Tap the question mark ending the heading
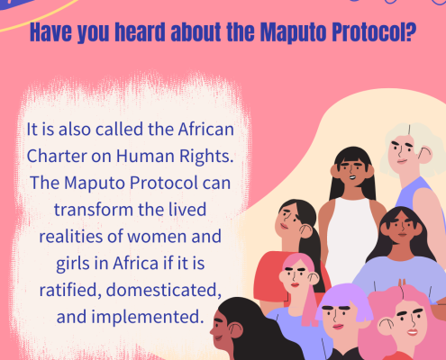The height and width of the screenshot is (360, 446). [410, 31]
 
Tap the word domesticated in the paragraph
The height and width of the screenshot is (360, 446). [164, 290]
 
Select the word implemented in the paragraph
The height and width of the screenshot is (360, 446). [147, 318]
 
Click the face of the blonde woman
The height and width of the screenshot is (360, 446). [403, 150]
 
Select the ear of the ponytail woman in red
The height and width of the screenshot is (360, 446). [306, 231]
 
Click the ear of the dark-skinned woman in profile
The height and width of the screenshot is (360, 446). [235, 330]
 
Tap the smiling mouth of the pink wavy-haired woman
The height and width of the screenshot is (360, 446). [413, 332]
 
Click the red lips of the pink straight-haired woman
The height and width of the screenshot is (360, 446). [295, 284]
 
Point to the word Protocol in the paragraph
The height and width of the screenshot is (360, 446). [164, 183]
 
